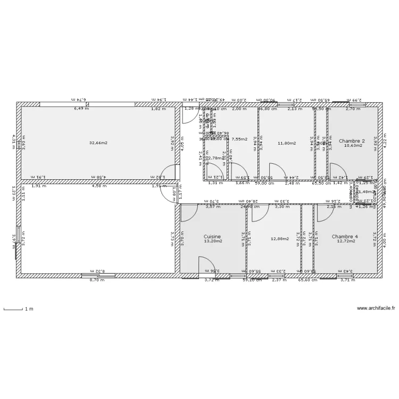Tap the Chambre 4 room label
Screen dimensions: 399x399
[345, 236]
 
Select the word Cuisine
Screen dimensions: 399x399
[212, 236]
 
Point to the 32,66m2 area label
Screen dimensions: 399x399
[98, 143]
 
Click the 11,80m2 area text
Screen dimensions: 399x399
[287, 143]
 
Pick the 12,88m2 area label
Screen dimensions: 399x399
[279, 239]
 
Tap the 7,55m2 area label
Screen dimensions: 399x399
[240, 139]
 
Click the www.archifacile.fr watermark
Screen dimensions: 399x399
[376, 308]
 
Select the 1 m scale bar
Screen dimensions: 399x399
[14, 309]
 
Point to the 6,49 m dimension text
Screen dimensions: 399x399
[81, 108]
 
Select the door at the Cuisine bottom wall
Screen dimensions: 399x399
[206, 265]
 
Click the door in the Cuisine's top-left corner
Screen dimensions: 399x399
[188, 212]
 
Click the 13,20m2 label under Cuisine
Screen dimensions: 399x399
[212, 241]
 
